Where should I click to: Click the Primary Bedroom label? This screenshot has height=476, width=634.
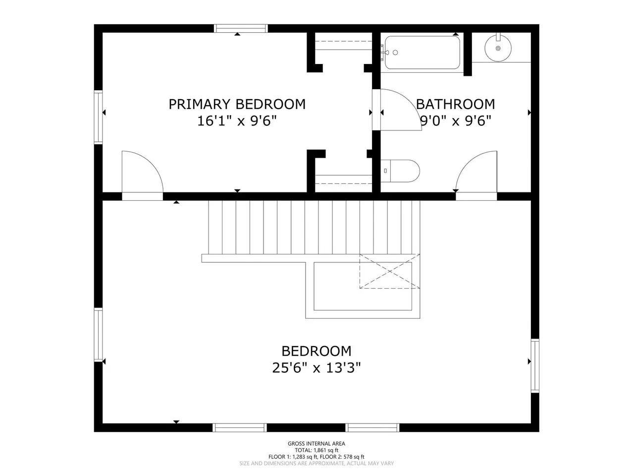(237, 104)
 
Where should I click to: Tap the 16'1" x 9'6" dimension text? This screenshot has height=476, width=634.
(237, 120)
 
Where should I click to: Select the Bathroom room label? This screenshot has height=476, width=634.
(455, 104)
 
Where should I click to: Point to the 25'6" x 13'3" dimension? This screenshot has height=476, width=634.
(317, 368)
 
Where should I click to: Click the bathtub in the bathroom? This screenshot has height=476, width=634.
(423, 53)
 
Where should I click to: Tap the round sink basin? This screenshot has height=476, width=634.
(498, 48)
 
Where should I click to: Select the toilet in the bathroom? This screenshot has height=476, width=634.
(400, 171)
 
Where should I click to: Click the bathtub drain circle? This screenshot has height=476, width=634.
(395, 53)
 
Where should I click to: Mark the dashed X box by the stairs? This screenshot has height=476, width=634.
(390, 271)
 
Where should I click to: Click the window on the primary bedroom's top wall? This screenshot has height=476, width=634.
(241, 28)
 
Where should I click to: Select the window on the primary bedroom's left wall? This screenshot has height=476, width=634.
(98, 117)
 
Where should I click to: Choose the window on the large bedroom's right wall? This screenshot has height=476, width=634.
(535, 366)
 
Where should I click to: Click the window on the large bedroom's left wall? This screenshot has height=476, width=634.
(98, 335)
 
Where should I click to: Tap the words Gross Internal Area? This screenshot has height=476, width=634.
(317, 444)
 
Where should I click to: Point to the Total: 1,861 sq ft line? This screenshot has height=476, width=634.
(317, 450)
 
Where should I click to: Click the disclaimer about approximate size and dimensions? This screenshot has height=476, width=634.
(317, 463)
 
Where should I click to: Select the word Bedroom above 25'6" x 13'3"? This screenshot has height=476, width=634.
(317, 351)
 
